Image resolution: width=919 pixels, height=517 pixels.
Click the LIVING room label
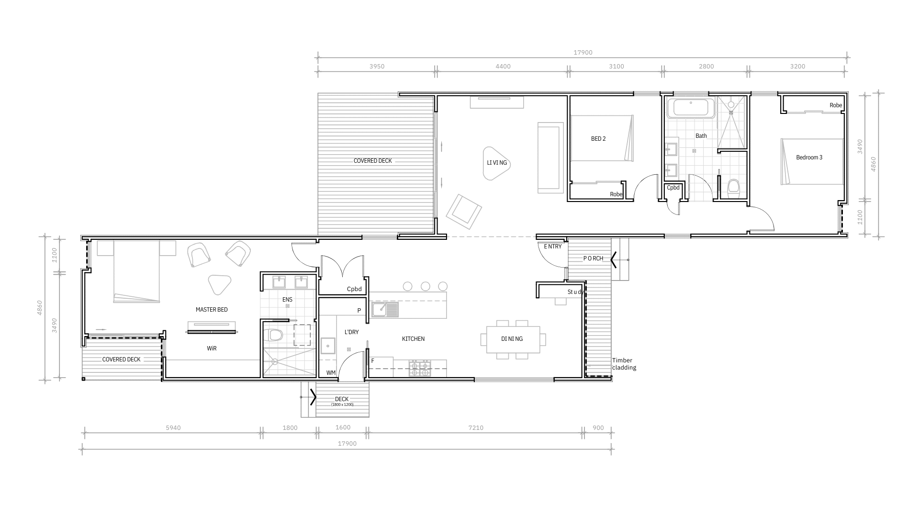[497, 163]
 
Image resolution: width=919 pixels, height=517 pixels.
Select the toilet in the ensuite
[275, 334]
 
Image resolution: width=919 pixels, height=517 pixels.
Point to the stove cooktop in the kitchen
[420, 368]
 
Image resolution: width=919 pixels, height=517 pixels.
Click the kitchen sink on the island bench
[385, 309]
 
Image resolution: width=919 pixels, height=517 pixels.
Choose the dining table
[513, 339]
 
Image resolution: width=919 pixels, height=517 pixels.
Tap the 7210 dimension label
[476, 428]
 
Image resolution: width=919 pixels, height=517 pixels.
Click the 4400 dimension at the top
[503, 67]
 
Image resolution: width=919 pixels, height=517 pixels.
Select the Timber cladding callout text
[624, 364]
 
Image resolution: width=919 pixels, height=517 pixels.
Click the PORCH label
[593, 258]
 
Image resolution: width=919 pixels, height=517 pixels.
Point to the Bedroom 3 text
[809, 157]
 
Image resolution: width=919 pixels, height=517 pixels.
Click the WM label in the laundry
[331, 373]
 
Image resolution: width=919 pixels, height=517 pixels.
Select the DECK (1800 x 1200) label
[342, 401]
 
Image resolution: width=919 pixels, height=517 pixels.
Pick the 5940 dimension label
[173, 428]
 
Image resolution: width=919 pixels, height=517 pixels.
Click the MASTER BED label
[212, 310]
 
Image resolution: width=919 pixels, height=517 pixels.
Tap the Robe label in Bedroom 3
[836, 105]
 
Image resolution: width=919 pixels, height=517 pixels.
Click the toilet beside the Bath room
[733, 188]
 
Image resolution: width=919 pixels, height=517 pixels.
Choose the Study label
[575, 292]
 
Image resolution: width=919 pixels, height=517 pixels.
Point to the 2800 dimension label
[706, 67]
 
